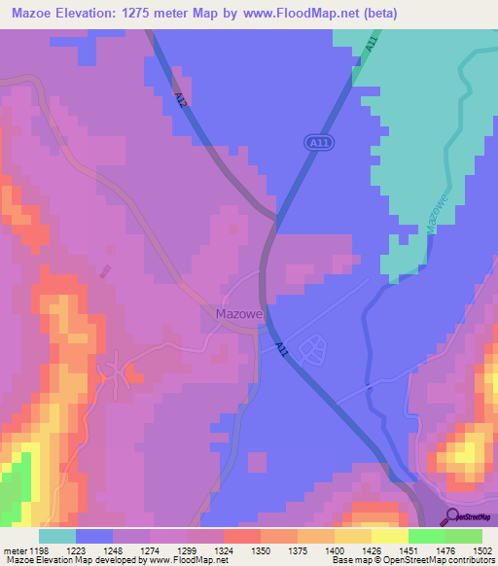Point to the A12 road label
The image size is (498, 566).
[x=181, y=99]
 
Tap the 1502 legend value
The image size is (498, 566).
[x=480, y=549]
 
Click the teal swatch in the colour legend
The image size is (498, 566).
[x=57, y=536]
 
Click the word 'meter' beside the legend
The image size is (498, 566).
[x=16, y=549]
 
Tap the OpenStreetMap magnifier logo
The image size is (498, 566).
[x=451, y=515]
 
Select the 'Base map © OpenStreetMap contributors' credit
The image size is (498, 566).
[x=411, y=561]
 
